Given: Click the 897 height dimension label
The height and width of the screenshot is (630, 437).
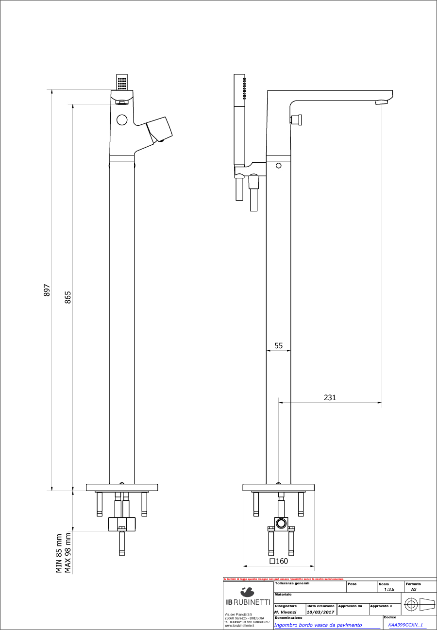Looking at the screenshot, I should click(x=47, y=290).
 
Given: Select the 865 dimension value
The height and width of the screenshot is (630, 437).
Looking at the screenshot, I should click(x=68, y=297).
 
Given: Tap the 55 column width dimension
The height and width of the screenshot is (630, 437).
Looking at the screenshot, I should click(x=279, y=345).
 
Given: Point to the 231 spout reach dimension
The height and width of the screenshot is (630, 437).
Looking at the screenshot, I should click(x=330, y=397).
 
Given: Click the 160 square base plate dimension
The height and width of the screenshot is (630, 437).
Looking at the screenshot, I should click(x=279, y=561).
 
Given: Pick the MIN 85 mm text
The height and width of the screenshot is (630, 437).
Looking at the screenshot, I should click(x=59, y=553).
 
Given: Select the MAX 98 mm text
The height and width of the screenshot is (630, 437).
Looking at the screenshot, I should click(x=68, y=553).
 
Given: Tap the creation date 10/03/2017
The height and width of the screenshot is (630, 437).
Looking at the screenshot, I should click(x=320, y=612).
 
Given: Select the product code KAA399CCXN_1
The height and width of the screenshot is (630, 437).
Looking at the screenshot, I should click(x=405, y=625).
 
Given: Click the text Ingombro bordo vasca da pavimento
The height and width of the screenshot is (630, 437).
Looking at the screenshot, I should click(x=318, y=625).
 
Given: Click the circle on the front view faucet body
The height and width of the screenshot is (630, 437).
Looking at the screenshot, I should click(x=121, y=119).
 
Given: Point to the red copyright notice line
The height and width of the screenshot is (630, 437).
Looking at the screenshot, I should click(x=284, y=579).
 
